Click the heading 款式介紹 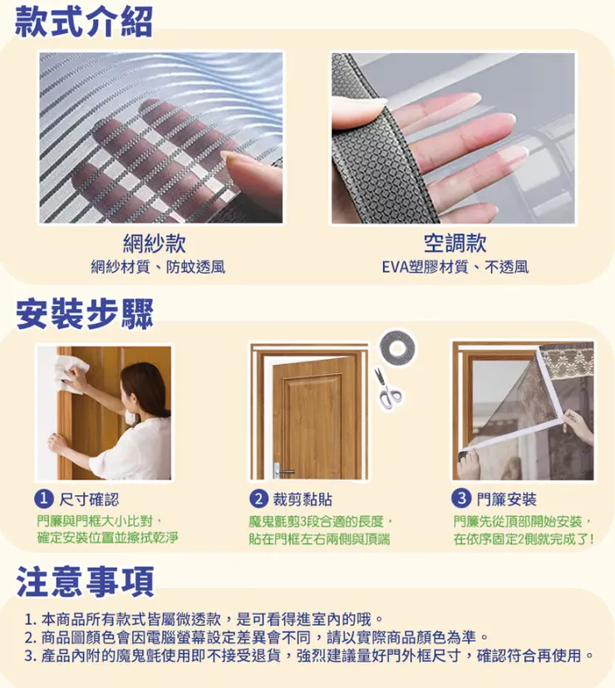[x=84, y=22]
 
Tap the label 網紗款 [x=154, y=243]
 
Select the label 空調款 [x=454, y=243]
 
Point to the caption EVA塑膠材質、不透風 [x=455, y=267]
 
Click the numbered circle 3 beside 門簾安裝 [x=460, y=499]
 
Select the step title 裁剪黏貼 [x=303, y=499]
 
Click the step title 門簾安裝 [x=506, y=499]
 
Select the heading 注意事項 [x=84, y=581]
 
